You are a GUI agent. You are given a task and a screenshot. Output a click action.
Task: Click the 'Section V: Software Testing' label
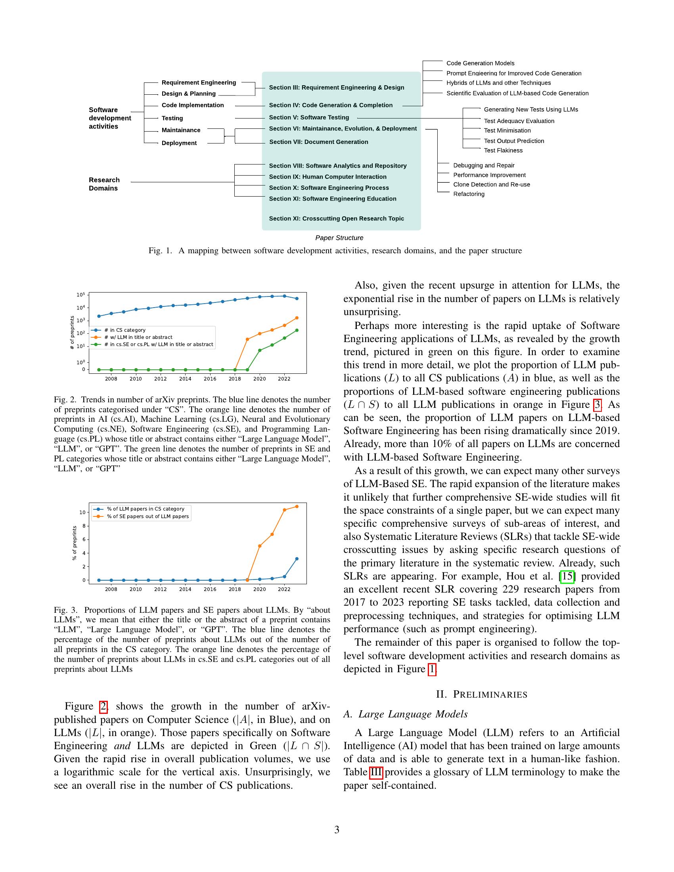[308, 117]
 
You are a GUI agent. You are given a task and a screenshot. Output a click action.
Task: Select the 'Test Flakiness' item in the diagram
[503, 151]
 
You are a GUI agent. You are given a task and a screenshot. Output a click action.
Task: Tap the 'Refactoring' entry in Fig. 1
[468, 194]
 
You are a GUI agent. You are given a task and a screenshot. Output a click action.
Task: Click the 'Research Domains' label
[104, 184]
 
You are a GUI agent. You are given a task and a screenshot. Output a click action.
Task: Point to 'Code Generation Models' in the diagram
[480, 63]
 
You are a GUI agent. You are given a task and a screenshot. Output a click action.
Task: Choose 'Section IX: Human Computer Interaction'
[327, 177]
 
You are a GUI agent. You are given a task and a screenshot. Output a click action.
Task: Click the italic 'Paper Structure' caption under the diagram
[339, 238]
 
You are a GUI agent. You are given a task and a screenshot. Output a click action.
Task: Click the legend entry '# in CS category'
[124, 330]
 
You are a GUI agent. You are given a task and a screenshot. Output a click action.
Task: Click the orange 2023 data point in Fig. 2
[297, 318]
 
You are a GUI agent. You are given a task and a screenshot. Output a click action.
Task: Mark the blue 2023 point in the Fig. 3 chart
[297, 558]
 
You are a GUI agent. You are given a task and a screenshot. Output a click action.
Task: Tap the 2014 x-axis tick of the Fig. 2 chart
[185, 379]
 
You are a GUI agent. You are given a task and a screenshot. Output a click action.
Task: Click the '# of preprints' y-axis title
[72, 333]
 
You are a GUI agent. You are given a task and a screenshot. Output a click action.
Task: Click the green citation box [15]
[567, 576]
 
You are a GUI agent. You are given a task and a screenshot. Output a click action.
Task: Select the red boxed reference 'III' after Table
[376, 772]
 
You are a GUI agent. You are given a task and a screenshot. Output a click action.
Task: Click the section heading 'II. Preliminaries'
[482, 694]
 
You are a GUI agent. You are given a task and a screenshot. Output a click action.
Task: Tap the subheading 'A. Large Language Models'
[405, 714]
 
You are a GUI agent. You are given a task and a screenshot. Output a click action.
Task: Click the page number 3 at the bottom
[337, 830]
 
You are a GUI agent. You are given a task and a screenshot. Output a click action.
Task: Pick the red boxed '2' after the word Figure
[103, 707]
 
